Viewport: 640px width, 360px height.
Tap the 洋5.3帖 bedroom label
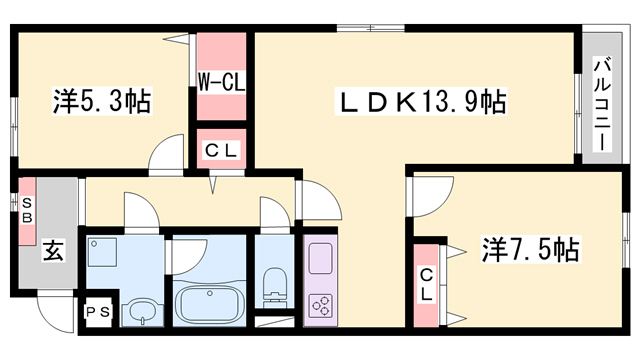[x=101, y=101]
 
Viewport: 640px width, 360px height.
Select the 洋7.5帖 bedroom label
[x=531, y=249]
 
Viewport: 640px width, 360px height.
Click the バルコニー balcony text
[x=602, y=104]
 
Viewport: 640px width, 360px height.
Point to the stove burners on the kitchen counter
[x=322, y=304]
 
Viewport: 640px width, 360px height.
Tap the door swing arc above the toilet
[x=272, y=214]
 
